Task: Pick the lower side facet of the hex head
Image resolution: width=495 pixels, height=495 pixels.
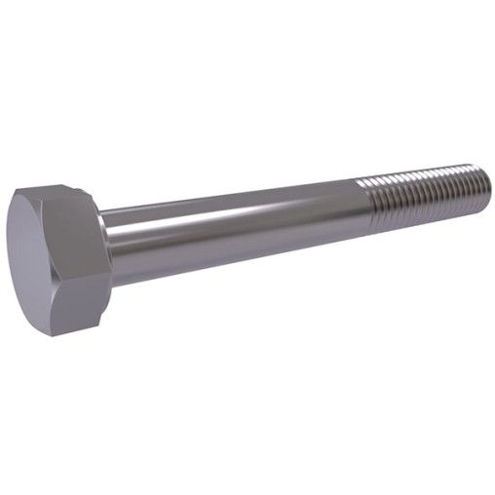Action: pos(78,307)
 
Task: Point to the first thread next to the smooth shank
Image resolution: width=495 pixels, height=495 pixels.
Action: pos(376,205)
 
